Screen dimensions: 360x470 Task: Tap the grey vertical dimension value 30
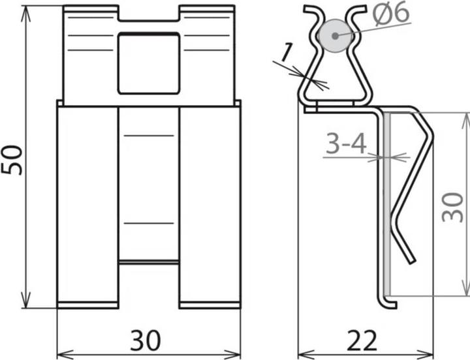(452, 205)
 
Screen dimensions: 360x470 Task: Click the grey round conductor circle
(335, 35)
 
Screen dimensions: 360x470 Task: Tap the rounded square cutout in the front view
(148, 63)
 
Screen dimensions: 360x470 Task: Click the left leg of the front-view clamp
(87, 205)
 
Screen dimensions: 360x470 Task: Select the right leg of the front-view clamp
(210, 205)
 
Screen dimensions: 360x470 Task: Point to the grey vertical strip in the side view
(387, 202)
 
